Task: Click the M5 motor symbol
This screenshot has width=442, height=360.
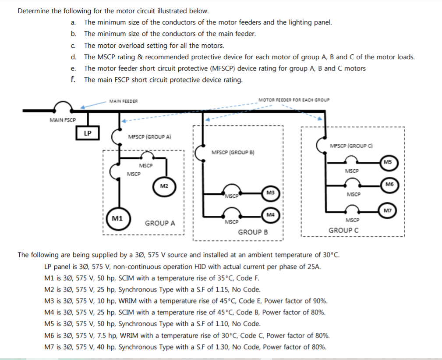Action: click(x=387, y=162)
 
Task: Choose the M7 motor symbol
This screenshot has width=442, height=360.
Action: click(x=387, y=210)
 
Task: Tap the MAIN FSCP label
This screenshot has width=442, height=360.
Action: click(x=63, y=120)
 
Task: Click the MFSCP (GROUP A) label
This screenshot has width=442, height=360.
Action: click(x=149, y=137)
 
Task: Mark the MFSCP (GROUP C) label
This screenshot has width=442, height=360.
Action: click(x=351, y=145)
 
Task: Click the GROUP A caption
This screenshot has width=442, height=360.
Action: click(x=160, y=223)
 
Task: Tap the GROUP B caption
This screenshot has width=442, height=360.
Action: click(x=253, y=232)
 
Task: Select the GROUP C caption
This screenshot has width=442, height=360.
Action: click(x=343, y=230)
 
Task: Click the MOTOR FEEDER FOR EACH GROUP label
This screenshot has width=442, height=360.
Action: click(x=294, y=100)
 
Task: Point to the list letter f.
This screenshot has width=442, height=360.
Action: click(x=73, y=79)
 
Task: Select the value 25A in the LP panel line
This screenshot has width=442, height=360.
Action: click(x=314, y=267)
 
